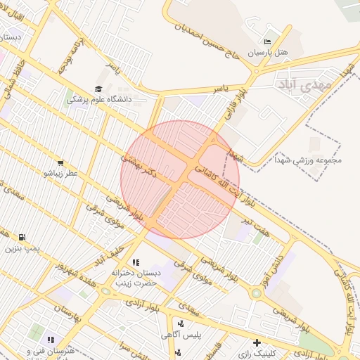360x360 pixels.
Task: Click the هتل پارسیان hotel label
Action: (x=270, y=53)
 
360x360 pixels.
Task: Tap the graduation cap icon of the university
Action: (x=98, y=89)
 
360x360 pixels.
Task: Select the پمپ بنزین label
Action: (x=22, y=248)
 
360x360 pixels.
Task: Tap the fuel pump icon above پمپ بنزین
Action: (x=22, y=237)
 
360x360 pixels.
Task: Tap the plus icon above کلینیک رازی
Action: (x=257, y=342)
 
